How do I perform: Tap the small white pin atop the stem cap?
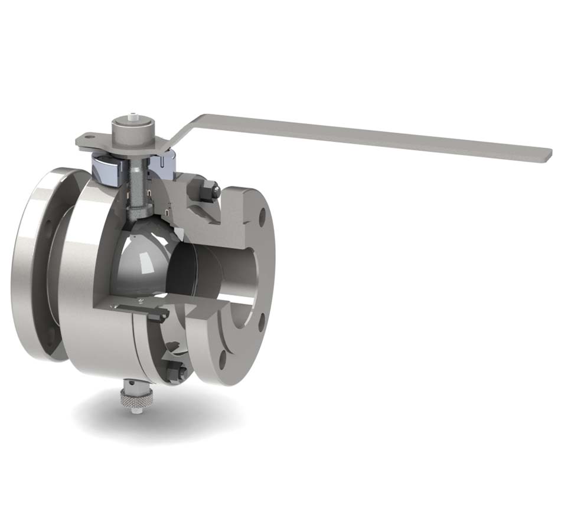(135, 116)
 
